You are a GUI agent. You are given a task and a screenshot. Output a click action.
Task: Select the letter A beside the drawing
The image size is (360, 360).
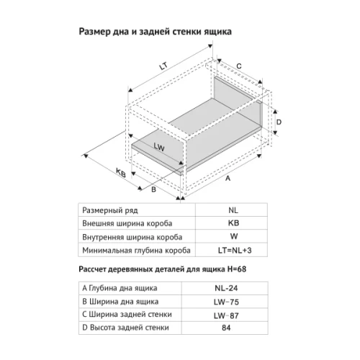pos(228,176)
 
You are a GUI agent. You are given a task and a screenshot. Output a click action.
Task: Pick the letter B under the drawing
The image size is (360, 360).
pos(153,189)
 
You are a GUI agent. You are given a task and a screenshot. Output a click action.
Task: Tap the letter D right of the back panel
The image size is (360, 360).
pos(279,122)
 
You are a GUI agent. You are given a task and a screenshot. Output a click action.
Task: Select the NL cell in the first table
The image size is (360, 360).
pos(233,210)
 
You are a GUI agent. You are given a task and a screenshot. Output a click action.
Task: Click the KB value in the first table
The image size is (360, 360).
pos(233,223)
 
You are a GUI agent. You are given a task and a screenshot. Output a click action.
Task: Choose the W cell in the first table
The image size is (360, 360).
pos(233,236)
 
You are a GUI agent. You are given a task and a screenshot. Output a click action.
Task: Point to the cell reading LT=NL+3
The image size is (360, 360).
pos(233,250)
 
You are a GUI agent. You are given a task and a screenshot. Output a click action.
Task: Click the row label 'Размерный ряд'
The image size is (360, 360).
pos(108,210)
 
